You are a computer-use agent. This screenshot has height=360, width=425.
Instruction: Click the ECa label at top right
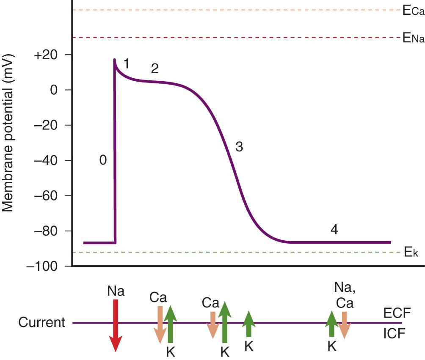tap(413, 11)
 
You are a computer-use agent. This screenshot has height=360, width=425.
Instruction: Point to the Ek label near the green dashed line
tap(411, 253)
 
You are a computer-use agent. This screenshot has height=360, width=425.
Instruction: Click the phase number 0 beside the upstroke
tap(103, 160)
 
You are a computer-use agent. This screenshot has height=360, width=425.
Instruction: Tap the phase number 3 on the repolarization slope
tap(239, 147)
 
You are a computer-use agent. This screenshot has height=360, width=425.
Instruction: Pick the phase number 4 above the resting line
tap(334, 230)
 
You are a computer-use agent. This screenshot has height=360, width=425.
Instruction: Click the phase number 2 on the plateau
tap(155, 69)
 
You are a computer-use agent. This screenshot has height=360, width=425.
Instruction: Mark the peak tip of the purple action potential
tap(114, 60)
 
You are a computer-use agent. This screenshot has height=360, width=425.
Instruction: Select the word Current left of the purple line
tap(41, 323)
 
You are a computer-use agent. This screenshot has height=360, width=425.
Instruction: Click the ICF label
tap(395, 333)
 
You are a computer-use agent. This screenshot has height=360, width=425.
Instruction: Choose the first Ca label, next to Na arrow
tap(157, 298)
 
